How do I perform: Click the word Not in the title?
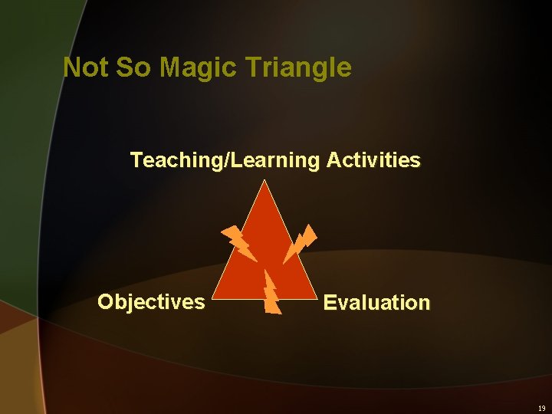(86, 67)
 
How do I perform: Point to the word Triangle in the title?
(301, 68)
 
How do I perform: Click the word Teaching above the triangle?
(173, 160)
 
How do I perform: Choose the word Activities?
(373, 160)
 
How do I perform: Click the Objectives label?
(151, 302)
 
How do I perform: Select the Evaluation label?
(376, 303)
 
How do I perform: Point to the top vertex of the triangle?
(264, 182)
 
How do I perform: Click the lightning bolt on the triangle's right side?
(299, 243)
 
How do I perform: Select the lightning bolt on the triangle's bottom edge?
(271, 293)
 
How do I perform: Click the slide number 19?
(540, 409)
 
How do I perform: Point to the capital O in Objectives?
(106, 302)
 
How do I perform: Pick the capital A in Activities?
(333, 160)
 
